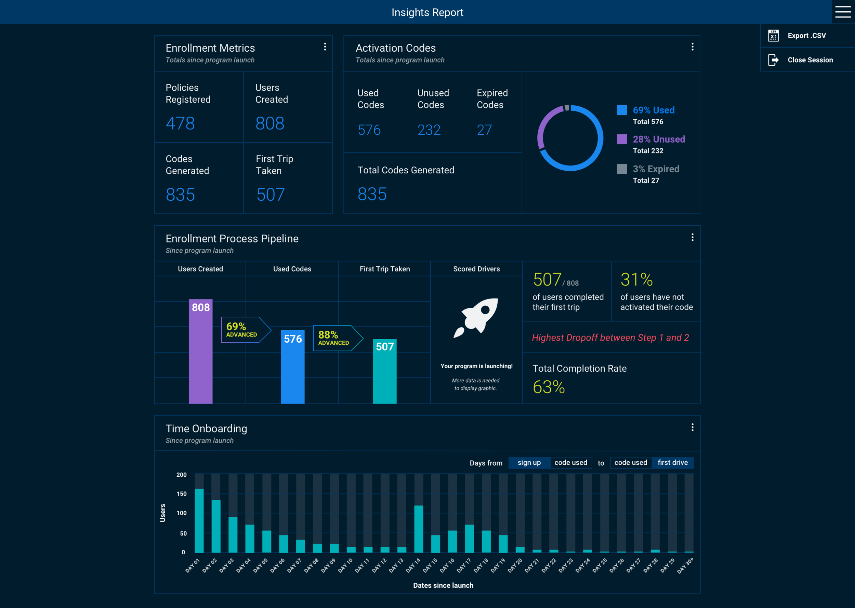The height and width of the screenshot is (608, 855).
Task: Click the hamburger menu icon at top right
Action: [843, 12]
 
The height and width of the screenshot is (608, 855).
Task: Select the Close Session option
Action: [810, 60]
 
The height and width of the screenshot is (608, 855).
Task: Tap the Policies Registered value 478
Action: [180, 123]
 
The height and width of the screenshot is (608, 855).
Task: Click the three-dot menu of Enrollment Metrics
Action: [325, 47]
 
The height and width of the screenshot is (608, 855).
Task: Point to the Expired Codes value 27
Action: [484, 130]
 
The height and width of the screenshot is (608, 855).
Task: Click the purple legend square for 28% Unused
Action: [621, 139]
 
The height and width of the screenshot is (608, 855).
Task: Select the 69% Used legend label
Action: [653, 110]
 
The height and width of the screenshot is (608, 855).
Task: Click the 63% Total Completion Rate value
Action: [549, 387]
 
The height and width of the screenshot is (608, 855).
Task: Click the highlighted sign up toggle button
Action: [529, 462]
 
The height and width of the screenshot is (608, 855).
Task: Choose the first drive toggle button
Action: [672, 462]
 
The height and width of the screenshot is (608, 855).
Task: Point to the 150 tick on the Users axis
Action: [182, 494]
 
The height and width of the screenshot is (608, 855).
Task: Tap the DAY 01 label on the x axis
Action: [193, 566]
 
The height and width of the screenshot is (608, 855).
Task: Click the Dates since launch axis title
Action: [443, 585]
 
